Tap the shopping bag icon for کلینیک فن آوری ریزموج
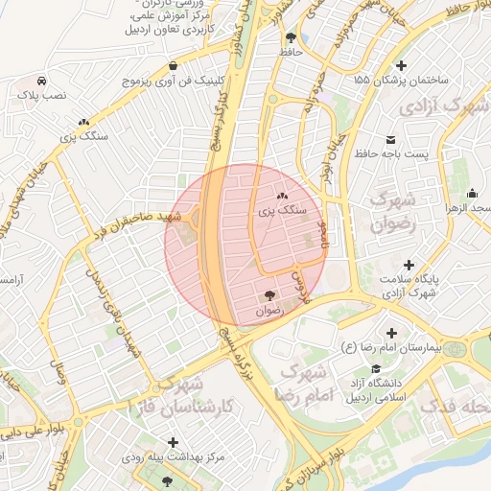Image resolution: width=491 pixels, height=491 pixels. [172, 66]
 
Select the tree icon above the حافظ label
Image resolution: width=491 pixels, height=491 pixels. [290, 36]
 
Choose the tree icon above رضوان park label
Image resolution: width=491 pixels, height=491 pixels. [269, 295]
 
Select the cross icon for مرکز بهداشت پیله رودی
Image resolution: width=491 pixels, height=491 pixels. [173, 442]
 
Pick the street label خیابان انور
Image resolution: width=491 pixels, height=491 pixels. [329, 156]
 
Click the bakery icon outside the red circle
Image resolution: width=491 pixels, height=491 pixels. [85, 123]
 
